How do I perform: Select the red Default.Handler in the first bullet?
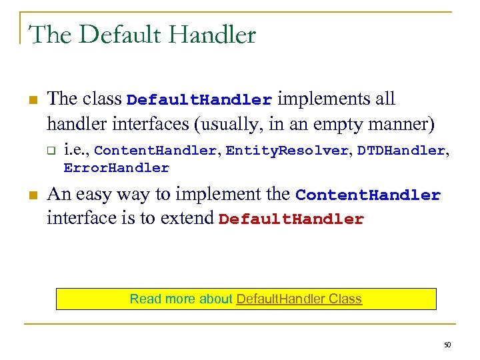pyautogui.click(x=199, y=101)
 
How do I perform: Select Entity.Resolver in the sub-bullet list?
pyautogui.click(x=287, y=151)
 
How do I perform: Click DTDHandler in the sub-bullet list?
pyautogui.click(x=401, y=151)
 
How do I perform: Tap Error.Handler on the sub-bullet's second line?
pyautogui.click(x=116, y=168)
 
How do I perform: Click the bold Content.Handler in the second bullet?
pyautogui.click(x=368, y=195)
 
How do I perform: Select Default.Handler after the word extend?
pyautogui.click(x=291, y=220)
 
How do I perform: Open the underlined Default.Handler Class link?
pyautogui.click(x=299, y=299)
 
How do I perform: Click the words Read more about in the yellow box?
pyautogui.click(x=181, y=299)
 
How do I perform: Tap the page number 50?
pyautogui.click(x=447, y=345)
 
